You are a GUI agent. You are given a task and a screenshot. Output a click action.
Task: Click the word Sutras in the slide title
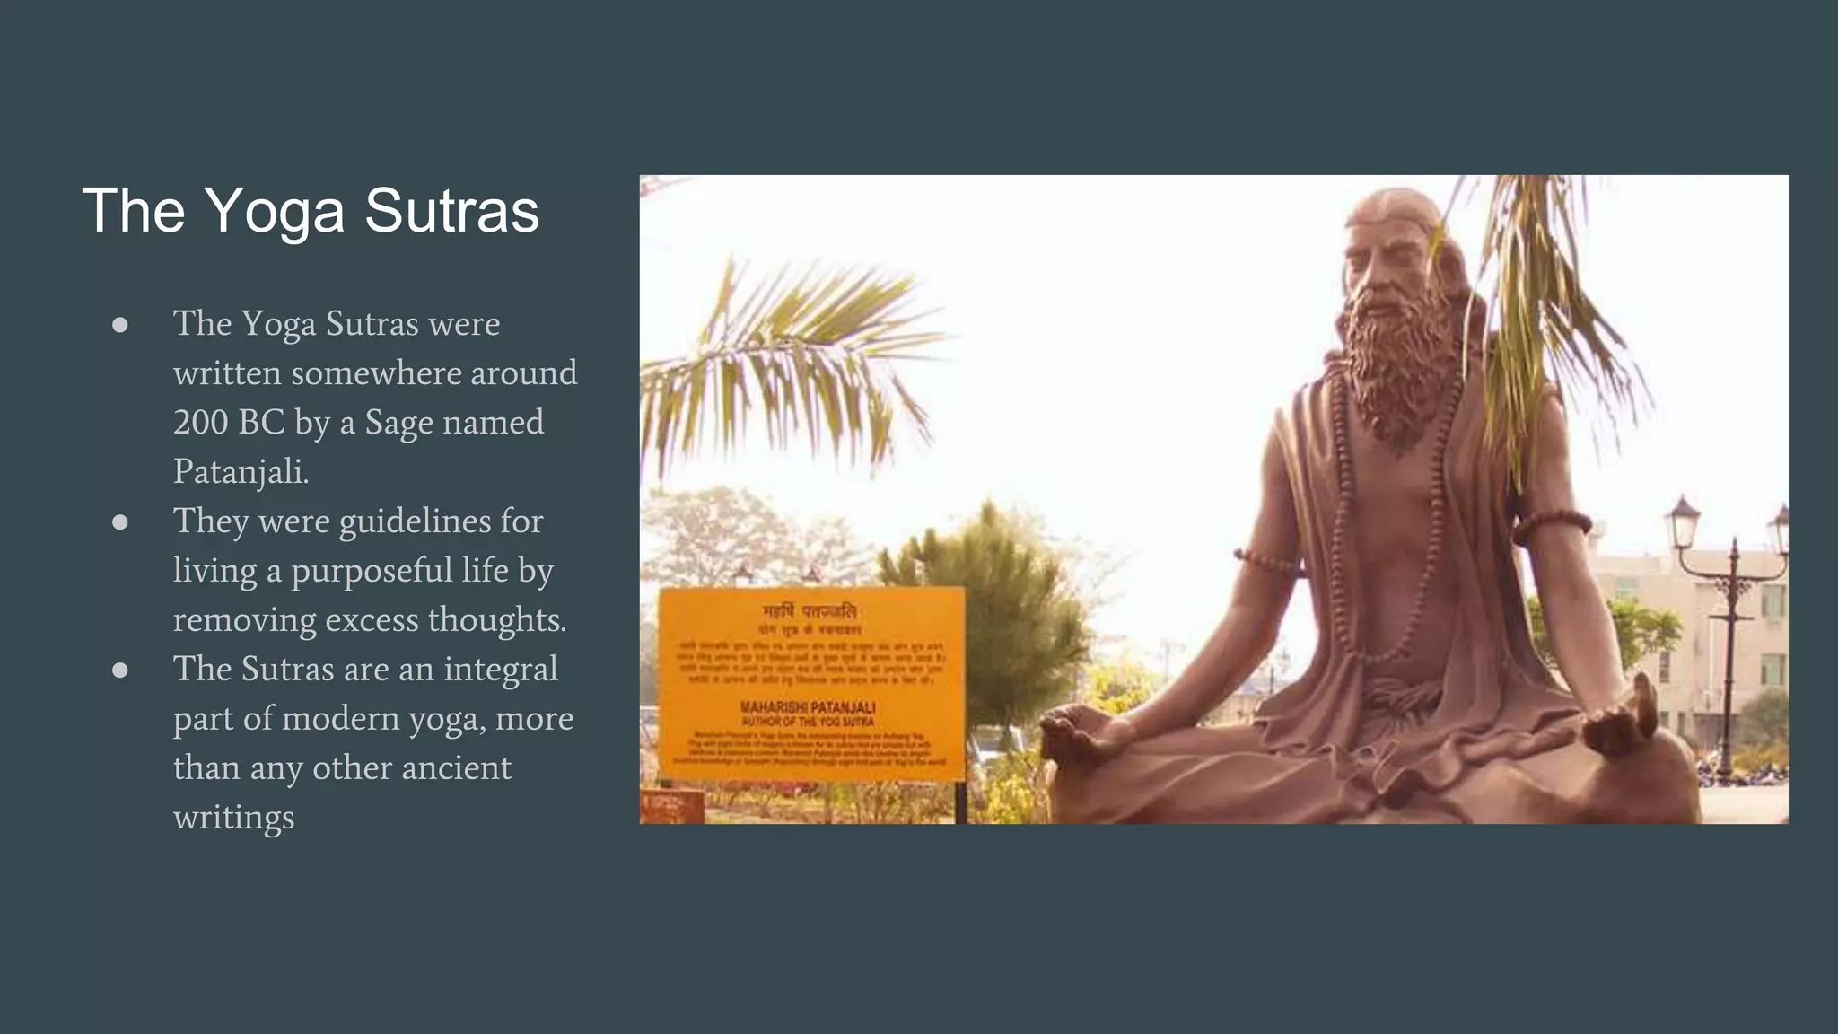(x=451, y=212)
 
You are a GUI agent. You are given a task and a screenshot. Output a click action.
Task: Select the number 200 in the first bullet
(x=202, y=422)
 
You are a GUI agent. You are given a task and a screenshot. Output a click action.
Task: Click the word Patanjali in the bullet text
(x=240, y=472)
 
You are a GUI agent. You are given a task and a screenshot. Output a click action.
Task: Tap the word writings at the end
(x=233, y=818)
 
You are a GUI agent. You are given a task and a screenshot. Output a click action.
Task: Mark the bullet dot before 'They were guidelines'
(x=120, y=522)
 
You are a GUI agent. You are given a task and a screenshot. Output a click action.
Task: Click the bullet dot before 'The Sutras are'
(x=120, y=670)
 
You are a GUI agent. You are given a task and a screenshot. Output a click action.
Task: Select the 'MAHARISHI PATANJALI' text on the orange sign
(x=808, y=707)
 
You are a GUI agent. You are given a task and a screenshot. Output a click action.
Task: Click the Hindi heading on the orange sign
(x=810, y=611)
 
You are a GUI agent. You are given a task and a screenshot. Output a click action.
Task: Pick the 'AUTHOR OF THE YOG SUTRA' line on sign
(x=808, y=721)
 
